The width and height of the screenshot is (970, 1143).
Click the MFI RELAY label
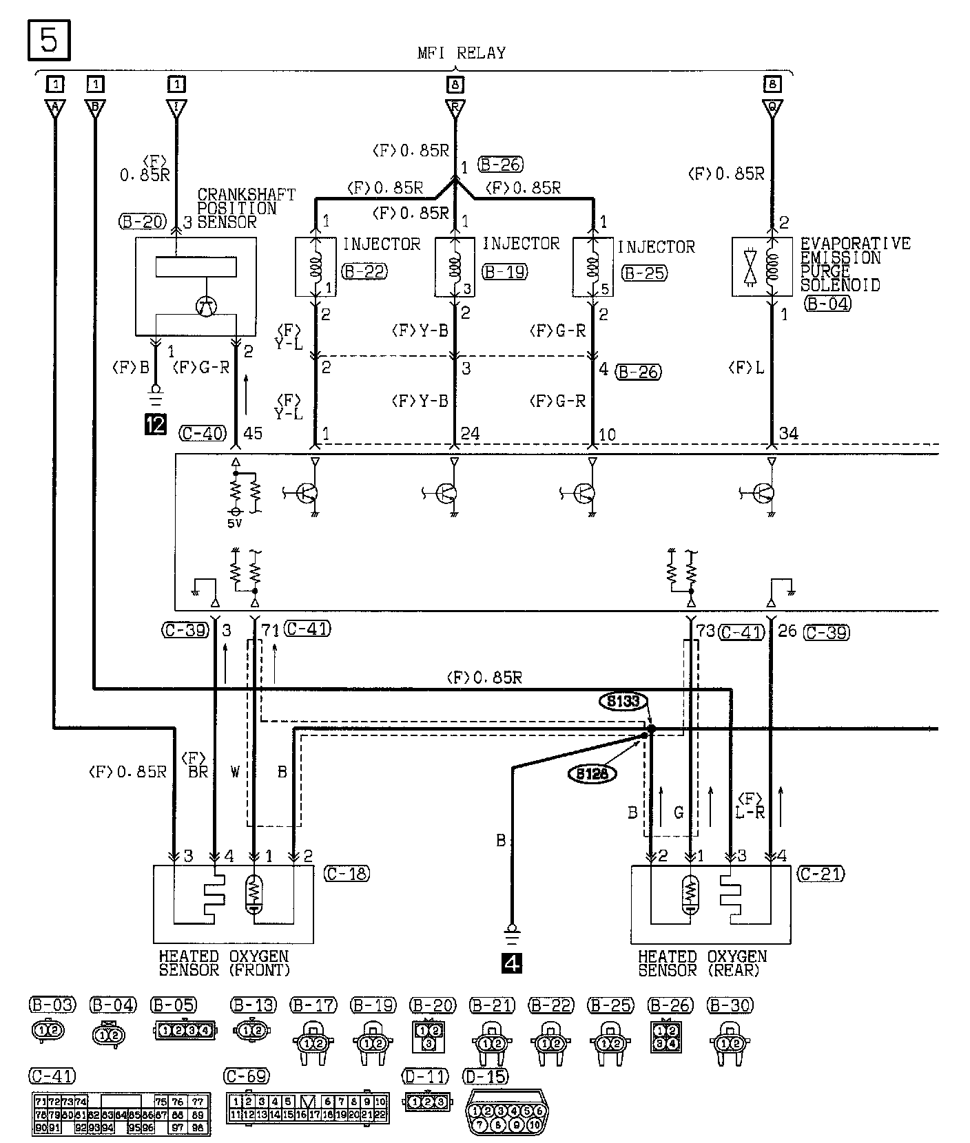coord(462,53)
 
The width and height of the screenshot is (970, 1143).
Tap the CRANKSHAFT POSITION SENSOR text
coord(246,209)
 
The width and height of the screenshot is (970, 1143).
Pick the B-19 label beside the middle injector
coord(505,271)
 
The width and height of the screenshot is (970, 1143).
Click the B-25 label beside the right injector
coord(643,273)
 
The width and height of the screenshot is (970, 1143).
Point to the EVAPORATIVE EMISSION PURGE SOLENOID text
coord(854,264)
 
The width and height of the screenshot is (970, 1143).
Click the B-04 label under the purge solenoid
coord(827,303)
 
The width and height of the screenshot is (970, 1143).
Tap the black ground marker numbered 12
coord(156,424)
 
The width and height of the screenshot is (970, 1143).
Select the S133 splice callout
coord(623,702)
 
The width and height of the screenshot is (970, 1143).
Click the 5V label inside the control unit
coord(236,523)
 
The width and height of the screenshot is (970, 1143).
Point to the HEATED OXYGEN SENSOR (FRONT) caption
coord(224,963)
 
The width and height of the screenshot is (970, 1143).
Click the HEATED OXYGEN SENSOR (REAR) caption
coord(702,963)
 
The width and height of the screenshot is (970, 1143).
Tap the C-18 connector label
coord(346,874)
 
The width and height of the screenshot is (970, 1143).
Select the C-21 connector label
coord(821,874)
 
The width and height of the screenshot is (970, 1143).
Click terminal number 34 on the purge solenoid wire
coord(788,434)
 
